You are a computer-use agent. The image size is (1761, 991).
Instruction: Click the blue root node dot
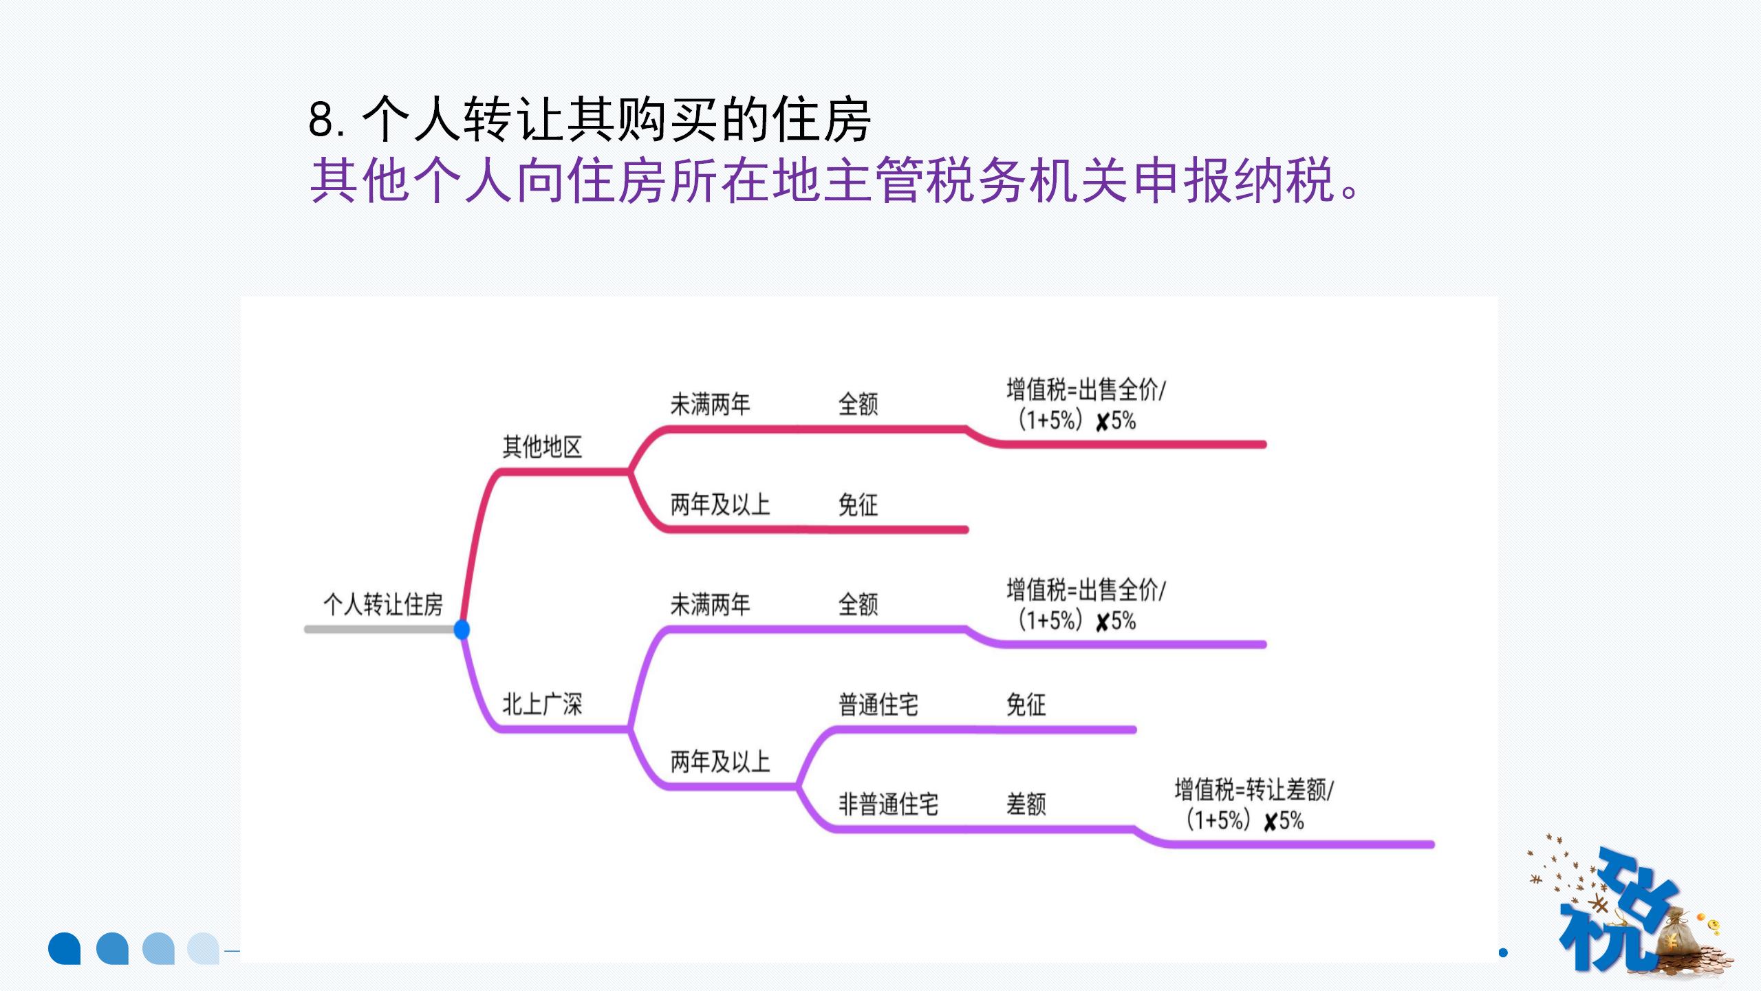coord(462,629)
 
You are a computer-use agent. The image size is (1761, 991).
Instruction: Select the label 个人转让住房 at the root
coord(382,605)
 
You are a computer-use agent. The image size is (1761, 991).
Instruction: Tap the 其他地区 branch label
coord(542,447)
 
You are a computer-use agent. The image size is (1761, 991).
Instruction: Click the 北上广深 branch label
coord(542,705)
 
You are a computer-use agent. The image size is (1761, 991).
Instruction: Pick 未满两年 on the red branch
coord(710,405)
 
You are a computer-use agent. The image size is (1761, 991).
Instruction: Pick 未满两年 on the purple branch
coord(710,605)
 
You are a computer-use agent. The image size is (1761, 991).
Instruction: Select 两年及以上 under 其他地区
coord(720,505)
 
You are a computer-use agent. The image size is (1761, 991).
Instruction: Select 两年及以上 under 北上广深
coord(720,762)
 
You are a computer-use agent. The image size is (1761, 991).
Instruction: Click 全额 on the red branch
coord(858,405)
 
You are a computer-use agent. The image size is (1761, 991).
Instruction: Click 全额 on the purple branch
coord(858,605)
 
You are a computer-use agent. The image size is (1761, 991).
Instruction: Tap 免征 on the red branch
coord(858,505)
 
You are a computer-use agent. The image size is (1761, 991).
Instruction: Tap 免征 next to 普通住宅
coord(1026,705)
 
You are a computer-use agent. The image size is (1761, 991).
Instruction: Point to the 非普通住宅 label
coord(888,804)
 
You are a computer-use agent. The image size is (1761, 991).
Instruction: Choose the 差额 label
coord(1026,804)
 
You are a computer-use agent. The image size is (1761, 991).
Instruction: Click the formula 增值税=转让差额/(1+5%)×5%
coord(1253,805)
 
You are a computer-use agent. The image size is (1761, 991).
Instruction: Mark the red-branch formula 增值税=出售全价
coord(1085,405)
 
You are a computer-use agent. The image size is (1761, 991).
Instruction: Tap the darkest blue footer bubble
coord(65,948)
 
